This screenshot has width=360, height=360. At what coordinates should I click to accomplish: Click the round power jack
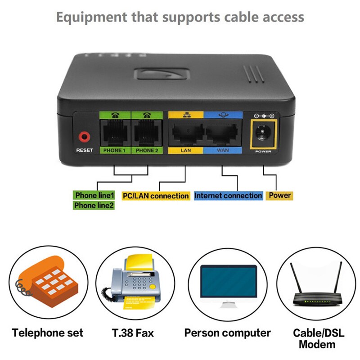[261, 133]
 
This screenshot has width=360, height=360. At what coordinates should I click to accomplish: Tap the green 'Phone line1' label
[94, 195]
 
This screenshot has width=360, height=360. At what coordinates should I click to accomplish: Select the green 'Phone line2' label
[94, 206]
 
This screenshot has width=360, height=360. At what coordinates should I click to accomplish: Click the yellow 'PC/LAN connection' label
[156, 196]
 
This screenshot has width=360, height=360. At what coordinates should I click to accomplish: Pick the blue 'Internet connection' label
[228, 196]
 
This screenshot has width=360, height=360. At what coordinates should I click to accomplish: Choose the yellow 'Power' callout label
[279, 196]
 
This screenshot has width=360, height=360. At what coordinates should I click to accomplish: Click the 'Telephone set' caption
[48, 333]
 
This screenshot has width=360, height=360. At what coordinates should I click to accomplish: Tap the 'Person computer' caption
[227, 333]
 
